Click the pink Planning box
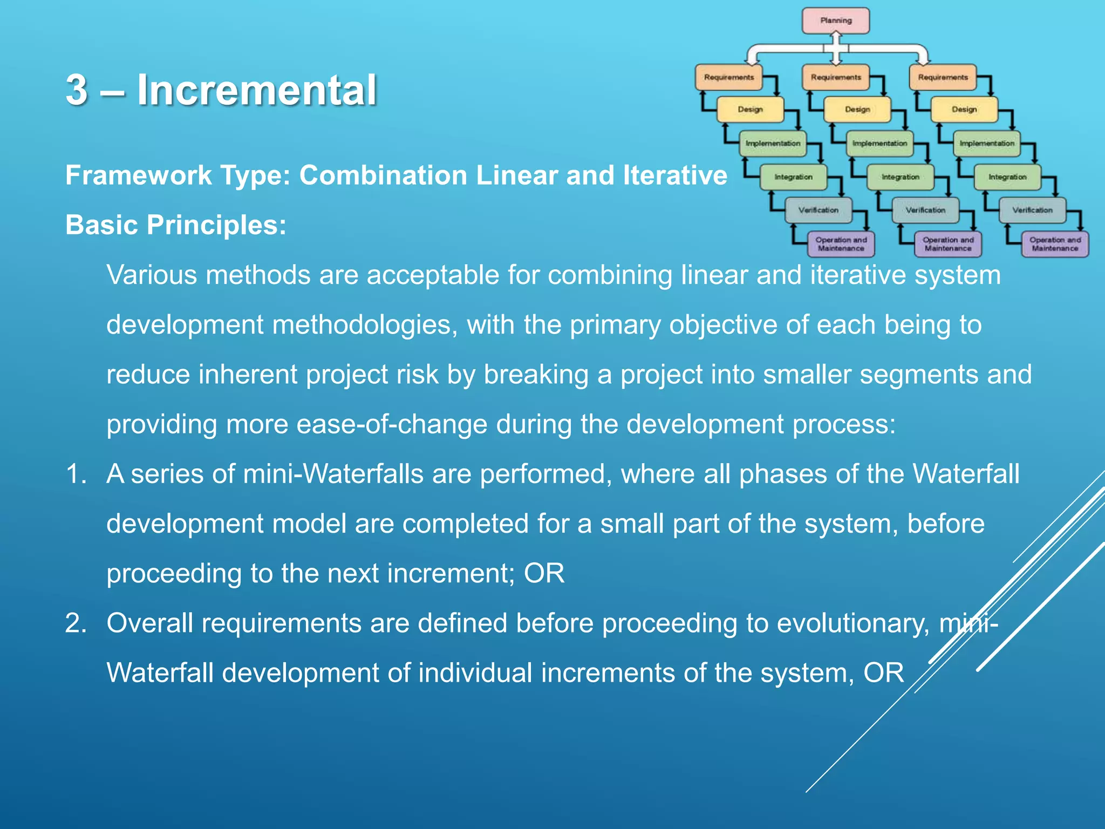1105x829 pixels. (835, 21)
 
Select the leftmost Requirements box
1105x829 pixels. (728, 77)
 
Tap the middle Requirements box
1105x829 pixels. (836, 77)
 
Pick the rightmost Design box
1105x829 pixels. (964, 110)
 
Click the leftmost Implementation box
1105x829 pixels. (773, 144)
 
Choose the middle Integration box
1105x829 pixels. (900, 177)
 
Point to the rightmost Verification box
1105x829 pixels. (1032, 210)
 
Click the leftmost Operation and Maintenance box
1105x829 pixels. (841, 244)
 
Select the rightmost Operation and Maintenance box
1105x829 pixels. (1055, 244)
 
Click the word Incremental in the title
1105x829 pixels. (257, 90)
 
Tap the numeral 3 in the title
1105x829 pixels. (77, 90)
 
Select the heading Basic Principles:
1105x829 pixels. (176, 225)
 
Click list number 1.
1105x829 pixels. (76, 474)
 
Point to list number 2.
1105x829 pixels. (76, 623)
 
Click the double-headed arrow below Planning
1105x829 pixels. (836, 47)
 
